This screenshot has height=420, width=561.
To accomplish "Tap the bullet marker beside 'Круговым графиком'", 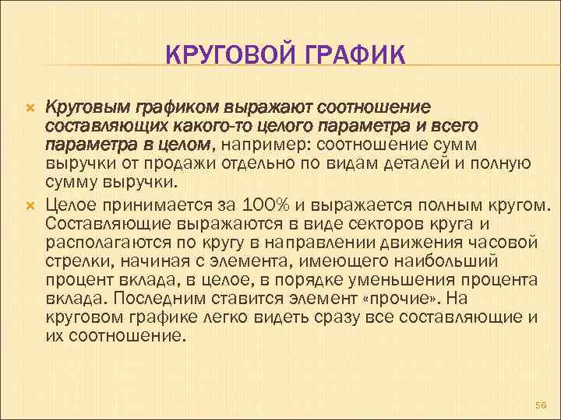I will pos(30,106).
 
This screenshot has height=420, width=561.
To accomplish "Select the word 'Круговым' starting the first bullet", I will pos(78,107).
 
